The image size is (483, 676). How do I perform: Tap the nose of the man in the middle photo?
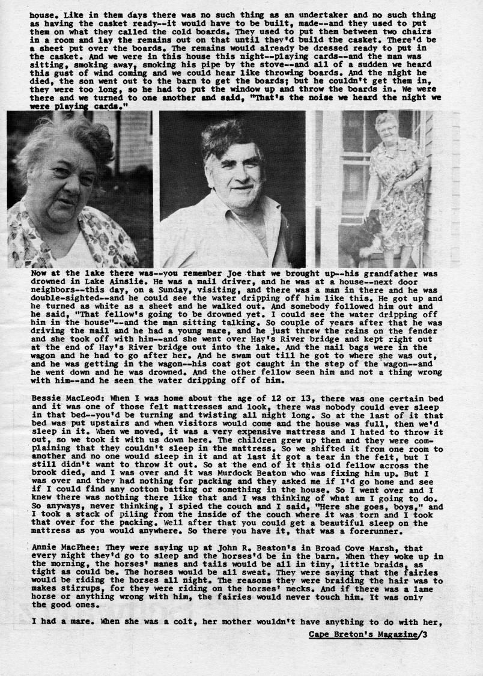[236, 178]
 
